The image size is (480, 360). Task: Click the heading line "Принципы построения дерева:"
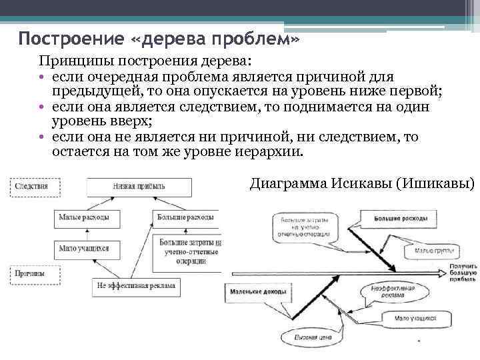click(x=145, y=61)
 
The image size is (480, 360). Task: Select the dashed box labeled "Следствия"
click(x=31, y=187)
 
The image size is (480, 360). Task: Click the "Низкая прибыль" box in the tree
click(x=138, y=187)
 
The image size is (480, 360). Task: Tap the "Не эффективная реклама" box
click(x=136, y=287)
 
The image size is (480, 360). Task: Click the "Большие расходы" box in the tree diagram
click(x=185, y=217)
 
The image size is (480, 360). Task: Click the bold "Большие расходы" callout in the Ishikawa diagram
click(x=394, y=219)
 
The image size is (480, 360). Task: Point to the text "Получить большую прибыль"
click(x=462, y=271)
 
